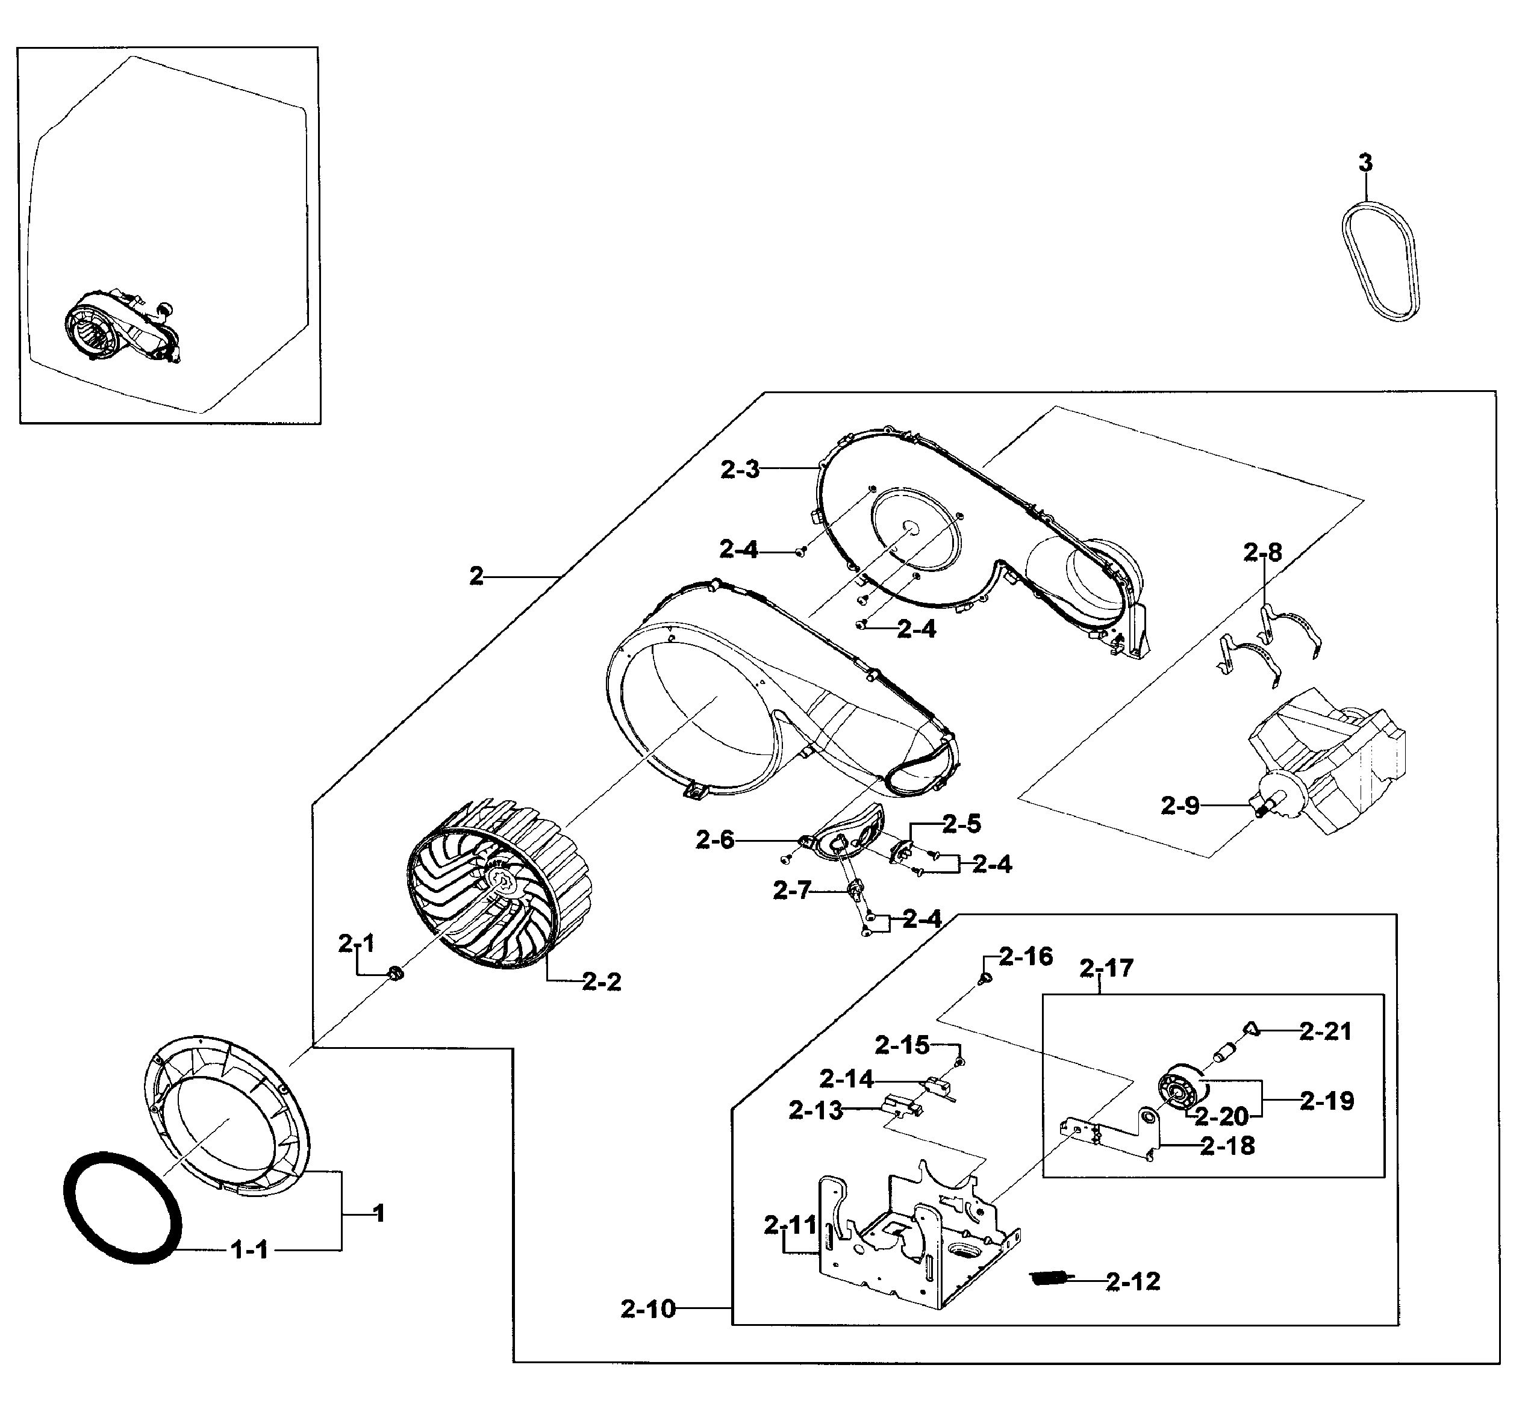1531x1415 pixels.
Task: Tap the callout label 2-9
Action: [1179, 806]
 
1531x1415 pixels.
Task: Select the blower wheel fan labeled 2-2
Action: [499, 885]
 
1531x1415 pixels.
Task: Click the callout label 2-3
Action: [739, 470]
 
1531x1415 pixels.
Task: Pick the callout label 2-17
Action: [1106, 969]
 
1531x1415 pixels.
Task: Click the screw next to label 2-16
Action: [986, 978]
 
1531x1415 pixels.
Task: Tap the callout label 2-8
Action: [1262, 552]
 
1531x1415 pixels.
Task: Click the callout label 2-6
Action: [714, 840]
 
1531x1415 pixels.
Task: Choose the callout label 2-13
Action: [815, 1110]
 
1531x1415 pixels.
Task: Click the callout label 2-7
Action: [791, 891]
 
